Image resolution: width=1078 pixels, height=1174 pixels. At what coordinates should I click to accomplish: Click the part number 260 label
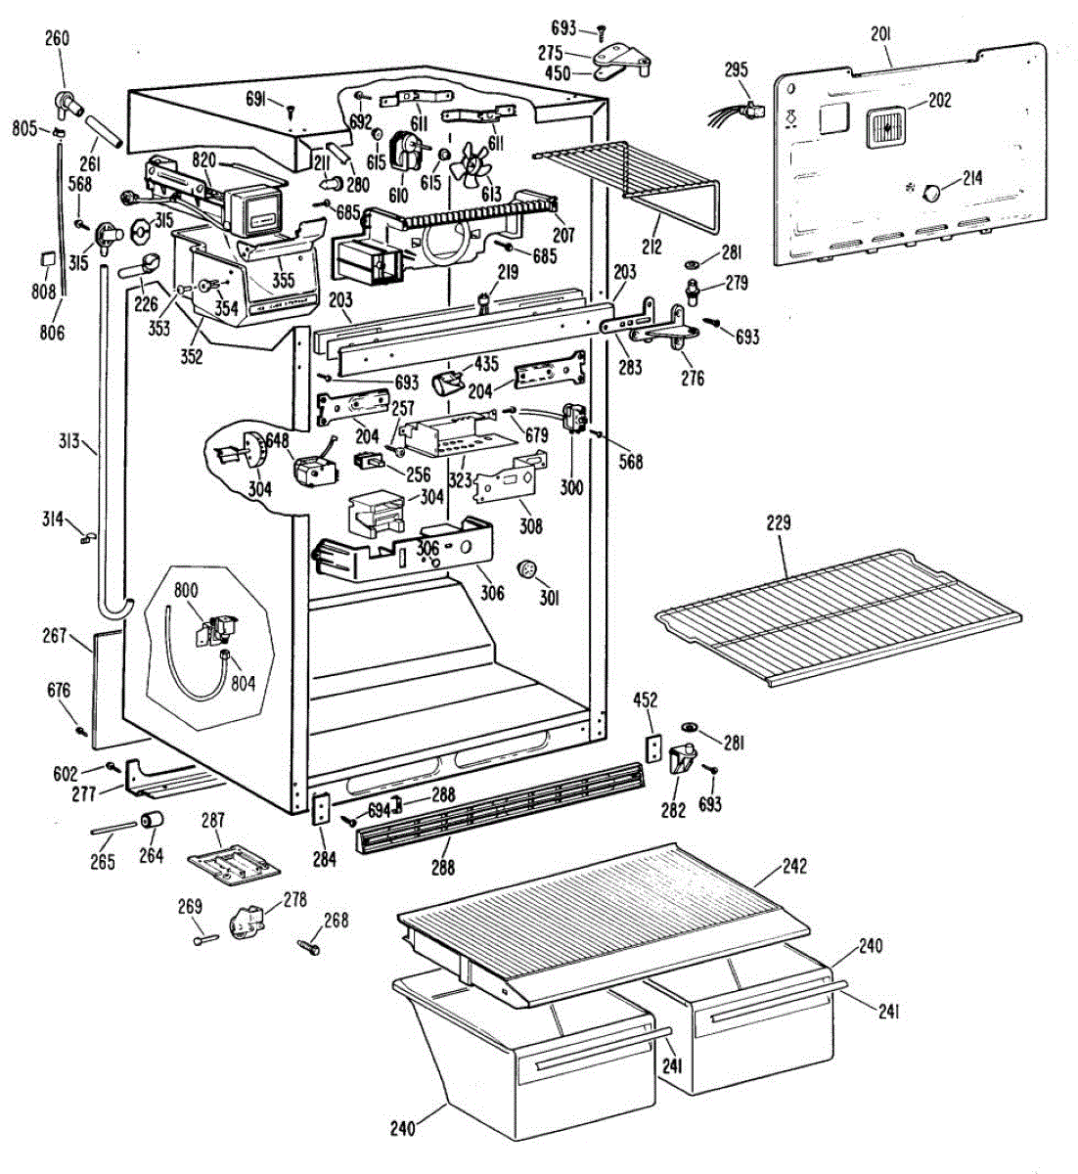click(58, 39)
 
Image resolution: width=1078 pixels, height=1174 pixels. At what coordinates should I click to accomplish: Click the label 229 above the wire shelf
click(779, 523)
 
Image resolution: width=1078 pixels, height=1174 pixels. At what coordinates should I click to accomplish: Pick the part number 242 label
click(794, 866)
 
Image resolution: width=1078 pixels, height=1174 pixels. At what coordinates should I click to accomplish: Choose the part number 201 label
click(880, 35)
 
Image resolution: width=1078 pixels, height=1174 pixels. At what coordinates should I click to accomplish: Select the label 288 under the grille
click(442, 867)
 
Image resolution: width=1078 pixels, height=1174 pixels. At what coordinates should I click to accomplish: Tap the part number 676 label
click(59, 691)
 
